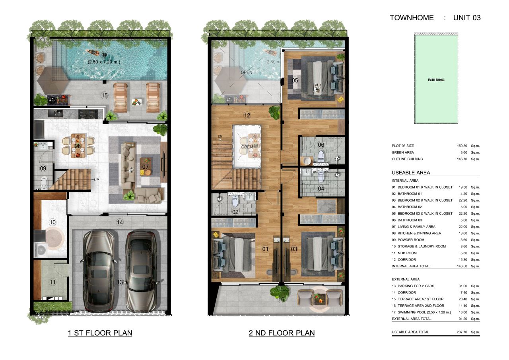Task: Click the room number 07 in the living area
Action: coord(146,167)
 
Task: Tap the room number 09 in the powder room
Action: coord(43,168)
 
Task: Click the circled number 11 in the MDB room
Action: coord(52,282)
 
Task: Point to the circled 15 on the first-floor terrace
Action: coord(105,95)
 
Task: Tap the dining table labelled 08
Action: coord(78,146)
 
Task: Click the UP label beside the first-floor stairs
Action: coord(96,180)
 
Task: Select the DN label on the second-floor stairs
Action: coord(220,137)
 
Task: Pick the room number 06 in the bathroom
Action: coord(321,145)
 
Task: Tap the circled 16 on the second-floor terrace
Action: coord(282,300)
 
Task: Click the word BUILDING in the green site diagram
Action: coord(436,80)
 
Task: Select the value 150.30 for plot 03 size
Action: coord(462,146)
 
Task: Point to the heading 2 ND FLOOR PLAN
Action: coord(282,333)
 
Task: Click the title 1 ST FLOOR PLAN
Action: coord(100,333)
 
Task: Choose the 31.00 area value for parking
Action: coord(462,286)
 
